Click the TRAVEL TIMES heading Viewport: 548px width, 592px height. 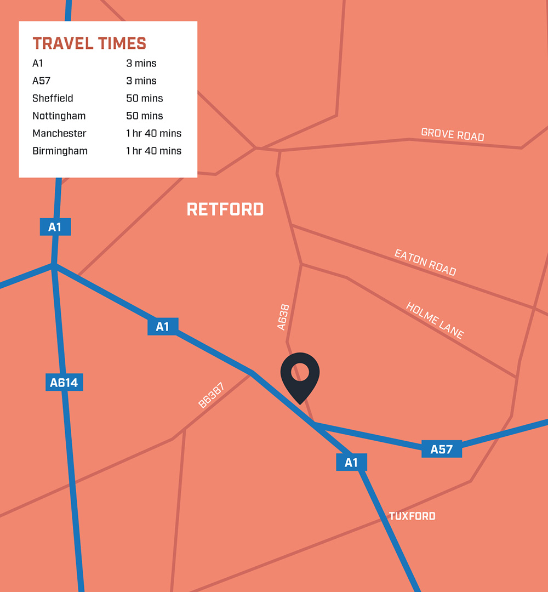pos(89,43)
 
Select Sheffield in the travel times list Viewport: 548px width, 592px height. pos(53,99)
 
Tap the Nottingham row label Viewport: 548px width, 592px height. pos(59,116)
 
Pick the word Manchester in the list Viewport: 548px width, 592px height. pos(59,133)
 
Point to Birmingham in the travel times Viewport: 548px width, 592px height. pos(60,151)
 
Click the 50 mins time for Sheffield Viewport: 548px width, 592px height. pos(145,99)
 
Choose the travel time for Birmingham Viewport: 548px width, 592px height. pos(153,151)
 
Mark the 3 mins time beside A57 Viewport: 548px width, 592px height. pos(141,81)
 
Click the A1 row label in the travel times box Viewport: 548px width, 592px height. pos(38,64)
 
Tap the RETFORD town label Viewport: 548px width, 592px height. pos(225,209)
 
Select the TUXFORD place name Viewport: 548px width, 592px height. pos(412,516)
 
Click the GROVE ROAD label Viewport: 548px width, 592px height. pos(453,134)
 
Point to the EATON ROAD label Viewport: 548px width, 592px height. pos(425,263)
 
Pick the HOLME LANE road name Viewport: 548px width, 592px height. pos(435,320)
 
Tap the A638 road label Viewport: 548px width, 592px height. pos(283,317)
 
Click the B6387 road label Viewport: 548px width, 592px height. pos(211,396)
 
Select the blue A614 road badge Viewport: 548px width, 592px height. pos(64,383)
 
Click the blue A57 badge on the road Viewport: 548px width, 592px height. pos(442,449)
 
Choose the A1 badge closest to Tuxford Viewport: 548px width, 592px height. pos(351,463)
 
